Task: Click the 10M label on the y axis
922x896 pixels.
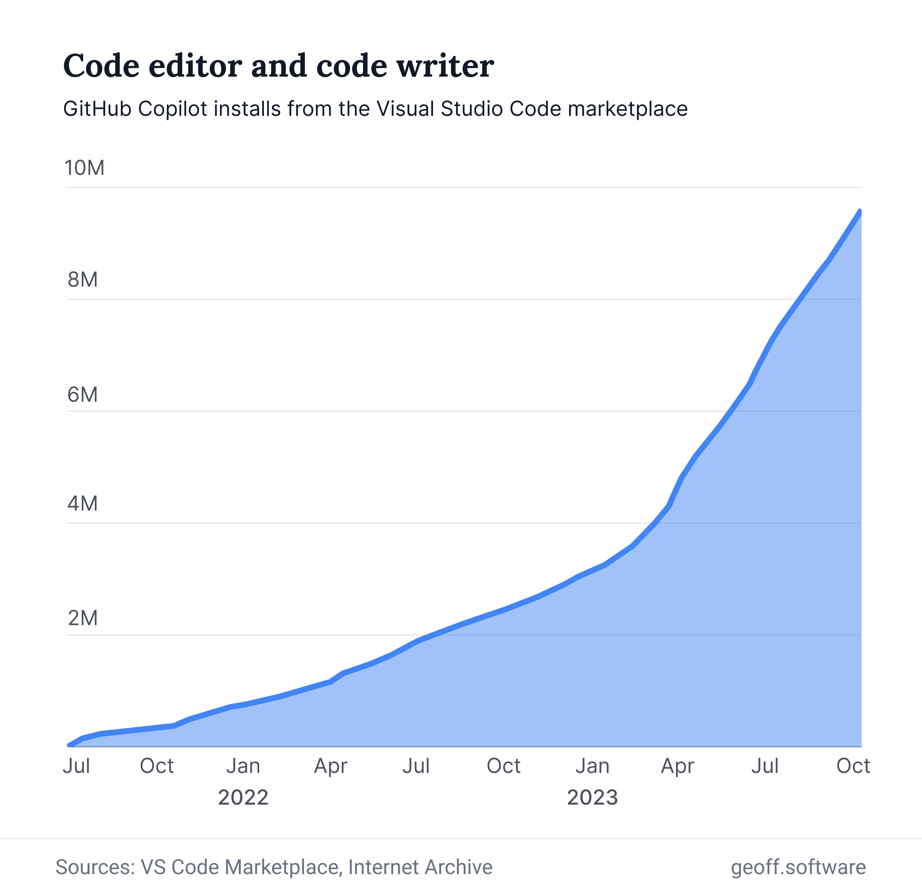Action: pyautogui.click(x=84, y=168)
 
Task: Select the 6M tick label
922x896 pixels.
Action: pyautogui.click(x=82, y=394)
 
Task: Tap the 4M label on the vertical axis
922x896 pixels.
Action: pyautogui.click(x=82, y=504)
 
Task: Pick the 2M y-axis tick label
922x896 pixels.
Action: pyautogui.click(x=82, y=618)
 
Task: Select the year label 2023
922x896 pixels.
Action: pyautogui.click(x=592, y=797)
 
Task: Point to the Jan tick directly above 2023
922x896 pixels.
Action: pyautogui.click(x=592, y=766)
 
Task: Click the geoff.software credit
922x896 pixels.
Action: pyautogui.click(x=798, y=867)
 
